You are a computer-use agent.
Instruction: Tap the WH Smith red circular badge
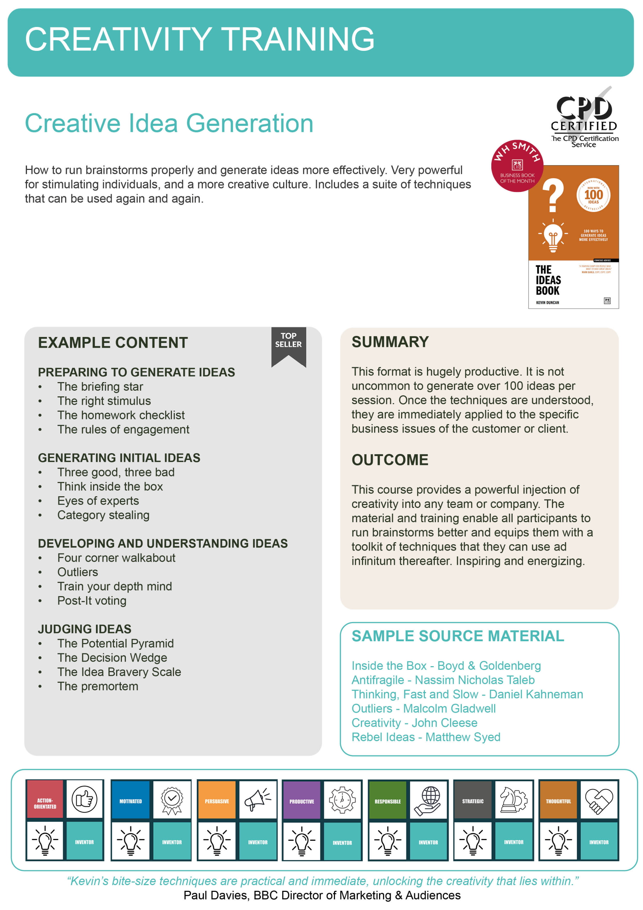(517, 166)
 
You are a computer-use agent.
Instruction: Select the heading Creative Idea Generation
(169, 123)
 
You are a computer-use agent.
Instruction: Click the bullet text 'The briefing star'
(100, 386)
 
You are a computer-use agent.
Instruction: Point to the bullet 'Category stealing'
(103, 515)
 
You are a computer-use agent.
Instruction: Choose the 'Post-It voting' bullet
(92, 600)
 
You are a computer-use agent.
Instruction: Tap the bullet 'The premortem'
(97, 686)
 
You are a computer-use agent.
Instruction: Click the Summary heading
(390, 342)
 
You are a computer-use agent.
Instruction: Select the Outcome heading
(390, 460)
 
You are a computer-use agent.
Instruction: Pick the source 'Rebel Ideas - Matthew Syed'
(426, 737)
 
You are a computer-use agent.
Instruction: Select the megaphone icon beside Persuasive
(258, 799)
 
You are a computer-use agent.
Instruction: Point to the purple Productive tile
(302, 801)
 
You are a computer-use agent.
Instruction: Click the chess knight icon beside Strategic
(513, 799)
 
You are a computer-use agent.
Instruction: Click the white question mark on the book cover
(553, 195)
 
